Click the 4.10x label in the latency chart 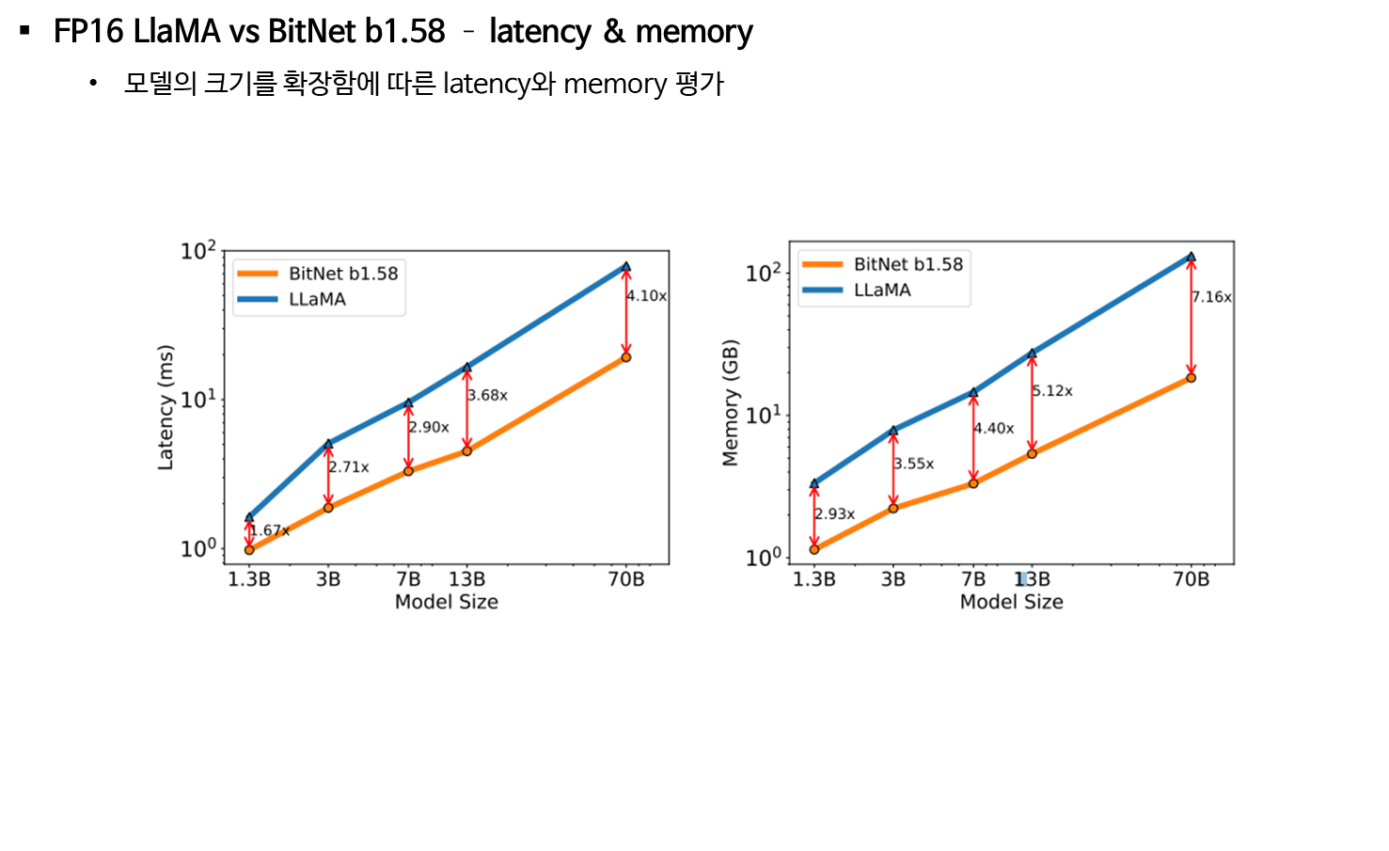[x=646, y=295]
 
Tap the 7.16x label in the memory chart [x=1211, y=297]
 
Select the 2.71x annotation [x=348, y=467]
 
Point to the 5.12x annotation [x=1052, y=390]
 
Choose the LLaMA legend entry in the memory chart [x=882, y=290]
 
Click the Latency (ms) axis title [x=166, y=407]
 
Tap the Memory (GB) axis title [x=731, y=402]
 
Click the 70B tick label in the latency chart [x=626, y=579]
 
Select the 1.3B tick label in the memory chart [x=814, y=579]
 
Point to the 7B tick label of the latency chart [x=408, y=579]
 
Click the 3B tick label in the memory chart [x=893, y=579]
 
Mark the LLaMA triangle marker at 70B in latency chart [x=626, y=267]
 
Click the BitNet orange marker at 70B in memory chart [x=1192, y=378]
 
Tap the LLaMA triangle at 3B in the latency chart [x=328, y=443]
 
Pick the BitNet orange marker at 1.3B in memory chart [x=814, y=549]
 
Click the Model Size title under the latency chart [x=446, y=602]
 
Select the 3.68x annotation [x=487, y=395]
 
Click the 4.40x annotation [x=993, y=428]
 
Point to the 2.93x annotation [x=834, y=514]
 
